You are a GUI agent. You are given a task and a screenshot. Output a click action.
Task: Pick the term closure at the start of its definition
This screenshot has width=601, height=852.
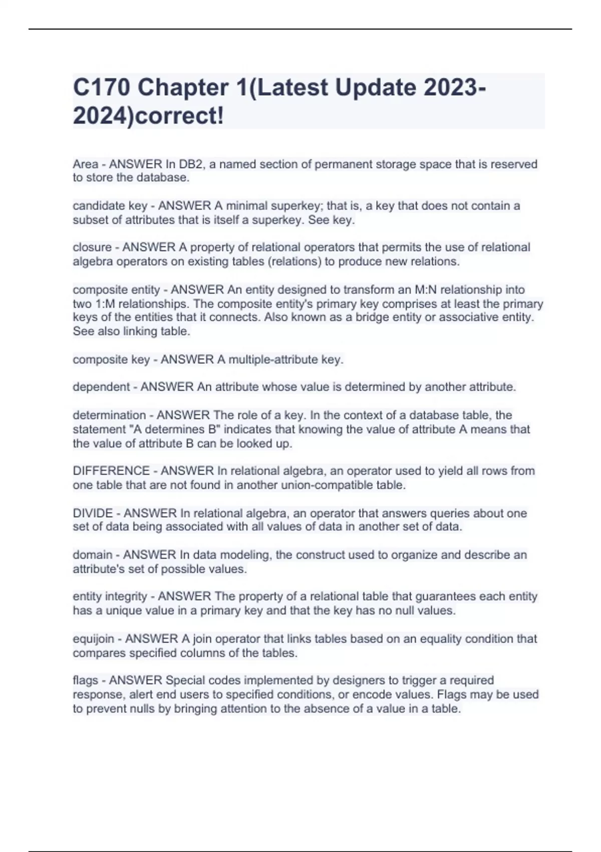click(x=92, y=248)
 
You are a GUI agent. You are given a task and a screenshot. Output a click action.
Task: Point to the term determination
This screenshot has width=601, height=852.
click(x=109, y=415)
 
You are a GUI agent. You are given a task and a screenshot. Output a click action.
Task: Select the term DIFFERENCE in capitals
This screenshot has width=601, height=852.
click(x=111, y=471)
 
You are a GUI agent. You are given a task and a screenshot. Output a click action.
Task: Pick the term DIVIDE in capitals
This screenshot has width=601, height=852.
click(x=93, y=513)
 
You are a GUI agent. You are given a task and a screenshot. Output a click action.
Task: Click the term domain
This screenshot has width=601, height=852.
click(x=92, y=555)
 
